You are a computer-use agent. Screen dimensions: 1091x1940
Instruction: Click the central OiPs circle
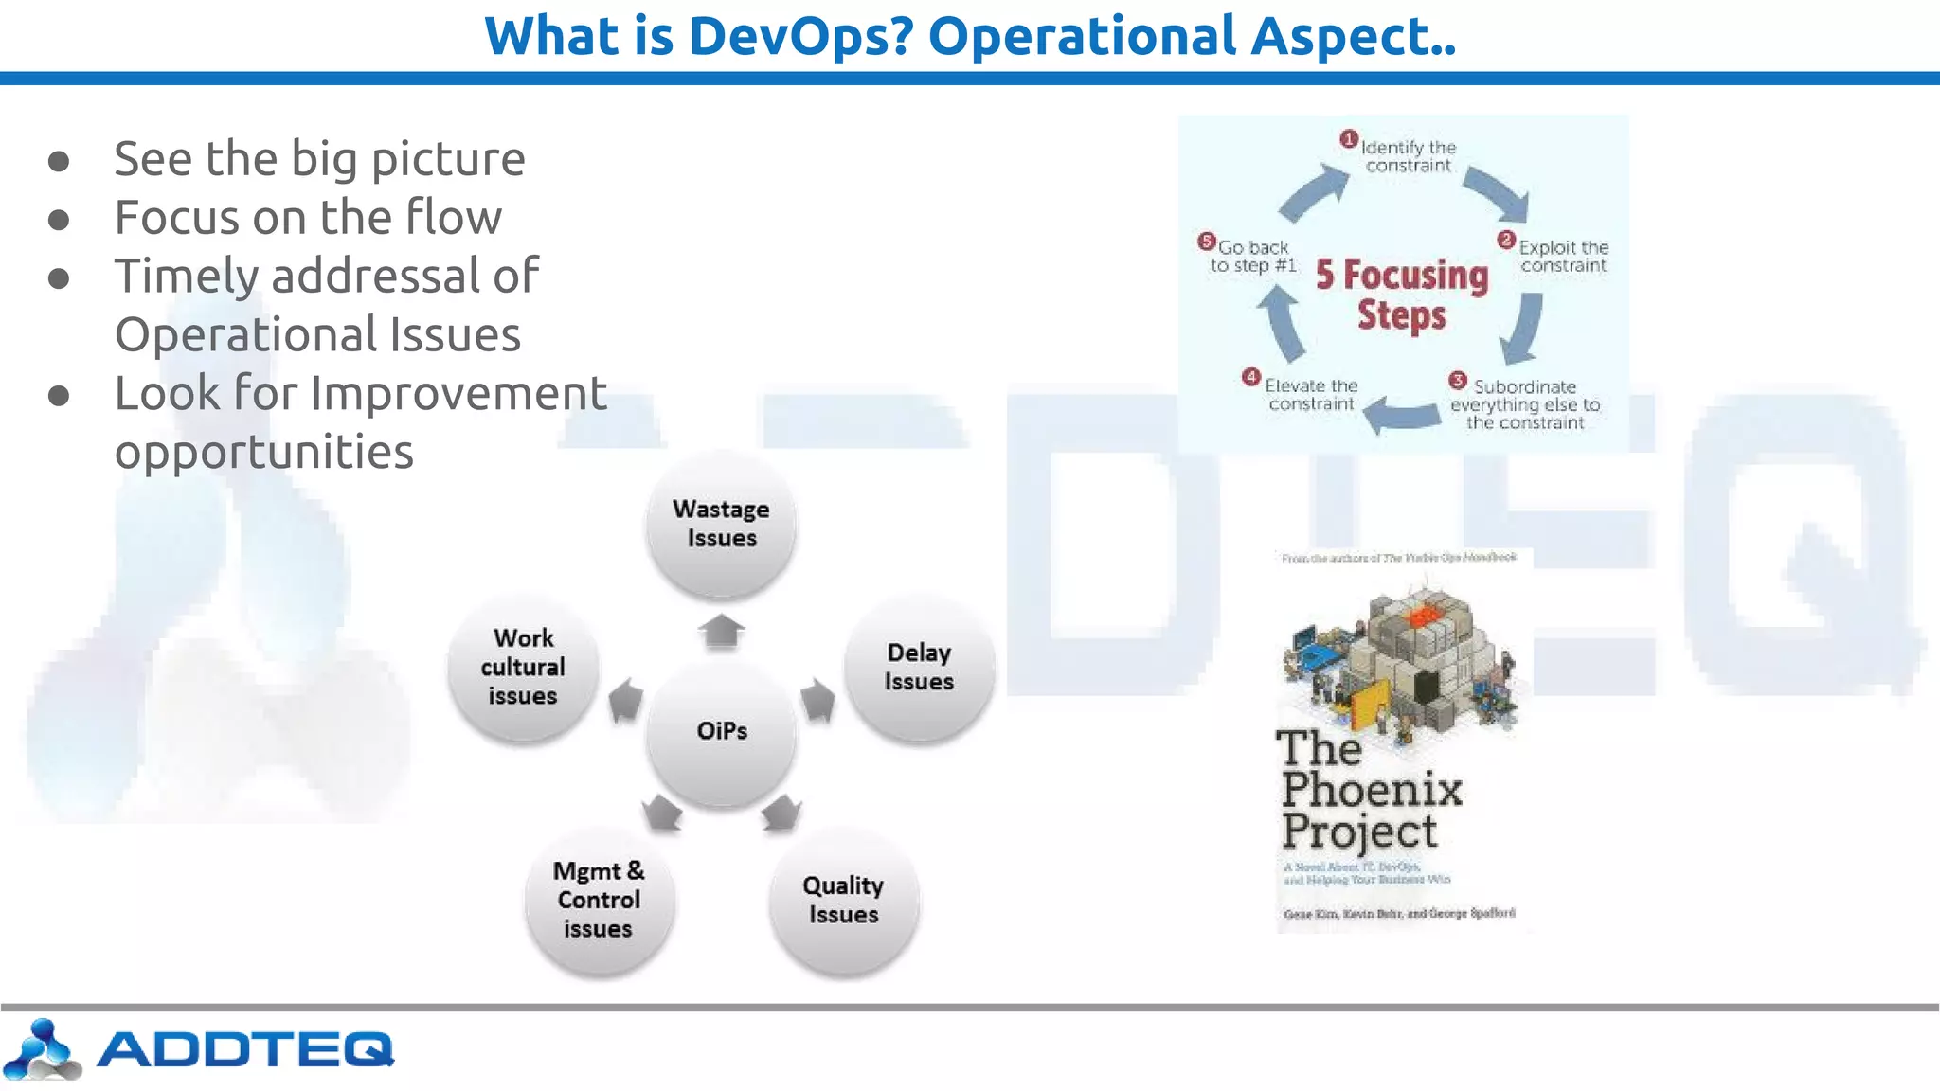pyautogui.click(x=722, y=731)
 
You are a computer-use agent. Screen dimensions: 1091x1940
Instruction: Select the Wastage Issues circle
pyautogui.click(x=721, y=524)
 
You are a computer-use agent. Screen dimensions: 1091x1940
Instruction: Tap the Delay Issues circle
pyautogui.click(x=919, y=667)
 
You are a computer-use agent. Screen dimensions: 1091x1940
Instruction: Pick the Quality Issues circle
pyautogui.click(x=843, y=900)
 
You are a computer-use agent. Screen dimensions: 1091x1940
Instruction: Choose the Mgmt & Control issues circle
pyautogui.click(x=599, y=900)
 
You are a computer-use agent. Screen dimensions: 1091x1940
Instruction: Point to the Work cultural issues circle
pyautogui.click(x=523, y=667)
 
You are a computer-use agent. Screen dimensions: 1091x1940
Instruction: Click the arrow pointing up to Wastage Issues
pyautogui.click(x=722, y=630)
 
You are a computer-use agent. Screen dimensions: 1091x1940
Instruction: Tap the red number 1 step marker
pyautogui.click(x=1349, y=139)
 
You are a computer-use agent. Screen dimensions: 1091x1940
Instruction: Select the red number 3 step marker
pyautogui.click(x=1458, y=381)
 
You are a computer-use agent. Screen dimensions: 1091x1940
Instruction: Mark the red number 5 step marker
pyautogui.click(x=1206, y=241)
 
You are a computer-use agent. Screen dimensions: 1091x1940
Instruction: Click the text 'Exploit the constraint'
pyautogui.click(x=1563, y=256)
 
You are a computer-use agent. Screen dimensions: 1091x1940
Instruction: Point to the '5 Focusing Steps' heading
pyautogui.click(x=1402, y=295)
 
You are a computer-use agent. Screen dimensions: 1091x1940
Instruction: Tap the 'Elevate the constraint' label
pyautogui.click(x=1311, y=395)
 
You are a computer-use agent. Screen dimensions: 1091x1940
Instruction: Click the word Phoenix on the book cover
pyautogui.click(x=1372, y=790)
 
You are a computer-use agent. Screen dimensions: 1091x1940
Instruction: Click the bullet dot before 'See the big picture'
pyautogui.click(x=59, y=161)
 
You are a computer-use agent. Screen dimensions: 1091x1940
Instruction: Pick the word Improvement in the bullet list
pyautogui.click(x=458, y=393)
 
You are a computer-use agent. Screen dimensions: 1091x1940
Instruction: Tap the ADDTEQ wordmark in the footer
pyautogui.click(x=244, y=1048)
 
